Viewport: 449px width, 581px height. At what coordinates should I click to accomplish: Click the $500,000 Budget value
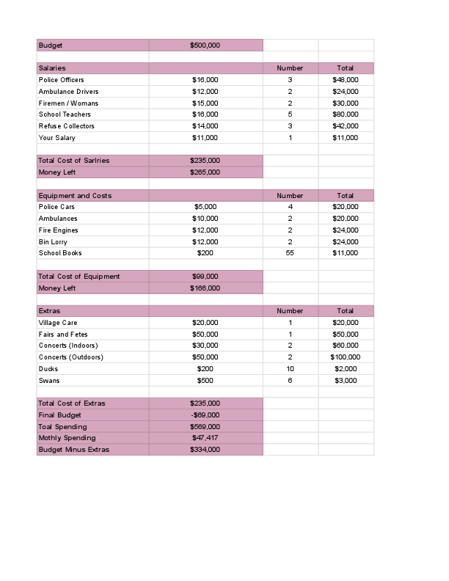pos(205,45)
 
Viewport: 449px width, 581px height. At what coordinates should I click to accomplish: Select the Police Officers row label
pos(61,80)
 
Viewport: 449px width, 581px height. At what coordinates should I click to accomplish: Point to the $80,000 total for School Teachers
pos(346,114)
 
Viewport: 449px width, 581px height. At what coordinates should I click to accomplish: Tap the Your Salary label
pos(56,138)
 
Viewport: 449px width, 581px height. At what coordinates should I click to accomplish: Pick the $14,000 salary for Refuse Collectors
pos(205,126)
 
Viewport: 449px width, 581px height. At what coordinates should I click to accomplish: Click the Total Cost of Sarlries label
pos(73,161)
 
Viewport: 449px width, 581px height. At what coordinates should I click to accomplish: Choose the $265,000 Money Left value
pos(205,172)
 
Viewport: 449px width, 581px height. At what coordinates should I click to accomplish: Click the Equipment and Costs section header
pos(75,196)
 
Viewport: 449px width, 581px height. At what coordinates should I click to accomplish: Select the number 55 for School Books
pos(290,253)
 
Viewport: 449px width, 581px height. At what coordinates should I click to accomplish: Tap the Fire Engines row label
pos(58,230)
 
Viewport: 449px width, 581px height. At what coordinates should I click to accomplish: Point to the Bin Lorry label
pos(52,242)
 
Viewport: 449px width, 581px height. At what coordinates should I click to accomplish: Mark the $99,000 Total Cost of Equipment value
pos(205,277)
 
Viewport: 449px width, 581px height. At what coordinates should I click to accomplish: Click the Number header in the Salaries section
pos(290,68)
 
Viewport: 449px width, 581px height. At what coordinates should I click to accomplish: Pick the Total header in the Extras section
pos(346,312)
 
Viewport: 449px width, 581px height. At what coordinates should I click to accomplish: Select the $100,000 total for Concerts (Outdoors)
pos(346,357)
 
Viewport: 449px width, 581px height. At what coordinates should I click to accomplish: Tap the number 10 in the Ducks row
pos(290,369)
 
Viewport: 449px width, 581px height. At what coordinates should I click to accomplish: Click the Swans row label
pos(49,381)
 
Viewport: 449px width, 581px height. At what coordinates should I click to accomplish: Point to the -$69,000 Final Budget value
pos(205,415)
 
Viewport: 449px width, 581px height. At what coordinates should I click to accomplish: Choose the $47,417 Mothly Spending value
pos(205,438)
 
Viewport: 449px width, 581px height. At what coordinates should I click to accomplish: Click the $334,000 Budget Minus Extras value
pos(205,450)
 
